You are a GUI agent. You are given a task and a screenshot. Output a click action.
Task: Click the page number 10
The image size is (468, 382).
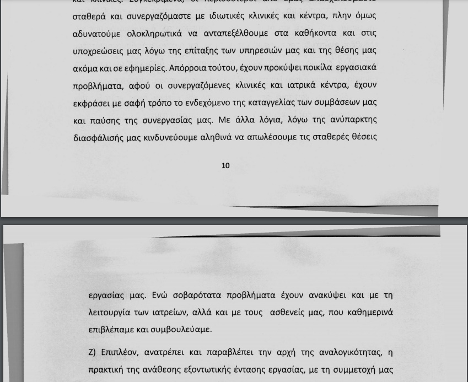tap(225, 165)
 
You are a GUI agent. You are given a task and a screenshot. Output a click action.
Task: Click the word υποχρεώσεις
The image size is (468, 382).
tap(98, 51)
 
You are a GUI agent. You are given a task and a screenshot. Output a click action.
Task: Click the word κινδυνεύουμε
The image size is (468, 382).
tap(169, 137)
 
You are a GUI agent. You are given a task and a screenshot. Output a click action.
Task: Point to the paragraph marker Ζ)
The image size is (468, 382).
tap(92, 352)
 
